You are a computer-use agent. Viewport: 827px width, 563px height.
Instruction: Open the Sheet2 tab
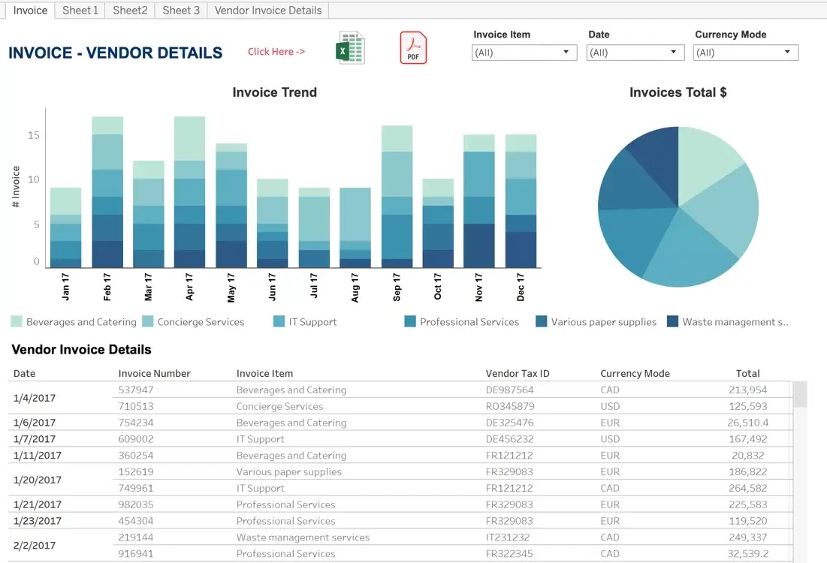130,11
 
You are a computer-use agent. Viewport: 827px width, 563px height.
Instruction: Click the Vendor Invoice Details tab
268,11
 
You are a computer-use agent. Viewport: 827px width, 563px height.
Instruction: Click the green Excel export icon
350,48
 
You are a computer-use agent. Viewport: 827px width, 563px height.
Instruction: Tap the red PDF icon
413,48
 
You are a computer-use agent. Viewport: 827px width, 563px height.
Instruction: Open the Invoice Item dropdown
524,53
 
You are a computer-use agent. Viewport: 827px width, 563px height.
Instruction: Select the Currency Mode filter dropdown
746,53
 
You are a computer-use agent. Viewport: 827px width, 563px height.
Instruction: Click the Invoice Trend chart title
275,92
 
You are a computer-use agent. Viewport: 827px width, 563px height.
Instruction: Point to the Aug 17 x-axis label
355,288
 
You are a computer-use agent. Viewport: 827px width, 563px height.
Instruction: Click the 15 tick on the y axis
34,135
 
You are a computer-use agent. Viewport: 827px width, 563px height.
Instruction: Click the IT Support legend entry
306,321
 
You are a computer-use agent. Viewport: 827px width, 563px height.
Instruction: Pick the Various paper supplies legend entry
596,321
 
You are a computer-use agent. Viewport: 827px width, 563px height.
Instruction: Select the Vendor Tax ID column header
518,373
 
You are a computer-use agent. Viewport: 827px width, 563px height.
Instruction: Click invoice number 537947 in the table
136,390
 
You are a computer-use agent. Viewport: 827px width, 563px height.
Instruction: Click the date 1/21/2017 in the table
38,504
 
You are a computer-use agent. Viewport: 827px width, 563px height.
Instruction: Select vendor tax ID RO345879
510,406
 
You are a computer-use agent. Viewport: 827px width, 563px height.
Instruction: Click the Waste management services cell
303,537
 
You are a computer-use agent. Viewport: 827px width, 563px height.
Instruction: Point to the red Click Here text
276,52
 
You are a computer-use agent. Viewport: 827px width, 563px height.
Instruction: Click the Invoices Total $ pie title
678,92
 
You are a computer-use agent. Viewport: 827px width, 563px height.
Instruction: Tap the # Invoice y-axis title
16,187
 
